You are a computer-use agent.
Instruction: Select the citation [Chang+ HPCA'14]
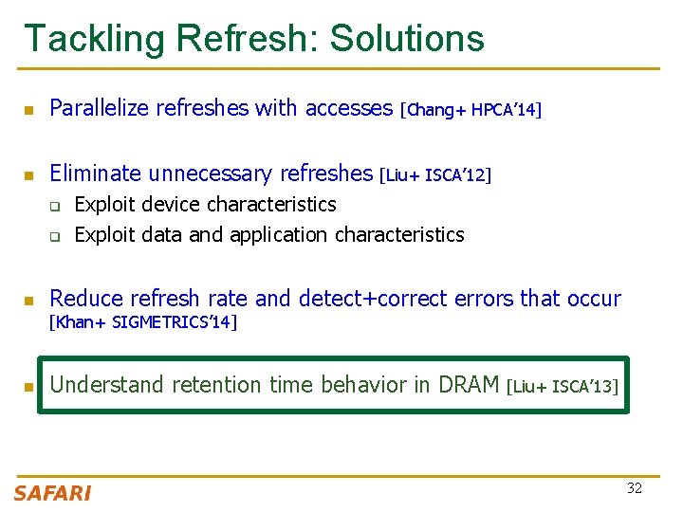pyautogui.click(x=471, y=110)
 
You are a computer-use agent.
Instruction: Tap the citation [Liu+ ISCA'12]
pyautogui.click(x=434, y=174)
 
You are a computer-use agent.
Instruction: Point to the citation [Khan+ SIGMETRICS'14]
pyautogui.click(x=142, y=322)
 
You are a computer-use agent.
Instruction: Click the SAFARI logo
pyautogui.click(x=52, y=492)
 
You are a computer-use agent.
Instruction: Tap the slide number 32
pyautogui.click(x=634, y=487)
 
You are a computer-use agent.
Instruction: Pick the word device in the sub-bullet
pyautogui.click(x=173, y=205)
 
